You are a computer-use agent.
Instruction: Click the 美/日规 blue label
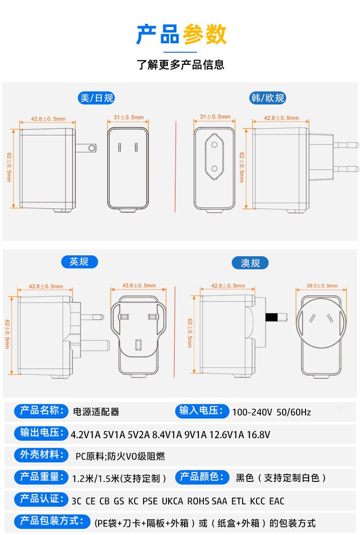96,98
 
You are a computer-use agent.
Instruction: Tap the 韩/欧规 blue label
268,98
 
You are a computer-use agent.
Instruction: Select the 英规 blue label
79,262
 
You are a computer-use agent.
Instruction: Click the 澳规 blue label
250,263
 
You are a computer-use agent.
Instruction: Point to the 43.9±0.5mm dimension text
139,286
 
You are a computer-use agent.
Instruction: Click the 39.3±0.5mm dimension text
322,286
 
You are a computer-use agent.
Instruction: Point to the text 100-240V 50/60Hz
271,412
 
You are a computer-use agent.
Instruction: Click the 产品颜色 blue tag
201,477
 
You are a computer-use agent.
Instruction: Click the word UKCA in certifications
172,501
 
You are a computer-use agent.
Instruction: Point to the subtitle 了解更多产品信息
180,64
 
